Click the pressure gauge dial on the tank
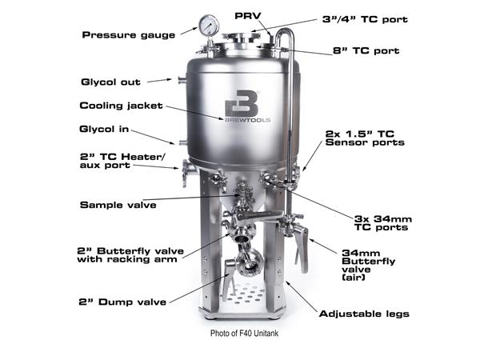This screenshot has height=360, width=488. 210,26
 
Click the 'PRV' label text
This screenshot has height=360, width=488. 246,15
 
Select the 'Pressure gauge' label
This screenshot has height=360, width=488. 128,34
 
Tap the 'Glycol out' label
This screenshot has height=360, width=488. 110,82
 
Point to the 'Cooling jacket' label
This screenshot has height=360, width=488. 122,105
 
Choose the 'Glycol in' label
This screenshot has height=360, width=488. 106,128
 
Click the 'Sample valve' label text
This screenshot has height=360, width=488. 118,205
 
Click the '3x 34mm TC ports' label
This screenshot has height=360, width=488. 381,222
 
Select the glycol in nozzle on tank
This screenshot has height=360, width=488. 182,142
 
